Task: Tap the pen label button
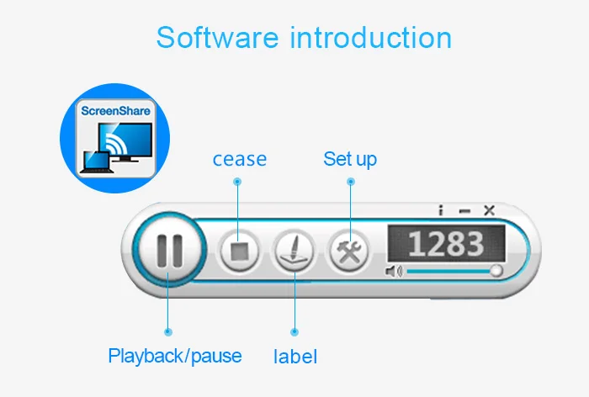pos(294,251)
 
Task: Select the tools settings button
pos(348,251)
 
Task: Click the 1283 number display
pos(446,244)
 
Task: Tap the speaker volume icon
pos(393,271)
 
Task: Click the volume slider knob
pos(496,271)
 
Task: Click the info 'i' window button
pos(441,211)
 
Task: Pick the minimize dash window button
pos(465,211)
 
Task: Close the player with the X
pos(489,211)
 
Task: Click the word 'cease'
pos(239,159)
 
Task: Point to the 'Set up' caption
pos(350,159)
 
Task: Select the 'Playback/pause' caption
pos(175,356)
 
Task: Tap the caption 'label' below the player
pos(295,357)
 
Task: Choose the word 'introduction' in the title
pos(370,38)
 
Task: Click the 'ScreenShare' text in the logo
pos(114,111)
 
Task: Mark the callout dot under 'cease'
pos(238,181)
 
